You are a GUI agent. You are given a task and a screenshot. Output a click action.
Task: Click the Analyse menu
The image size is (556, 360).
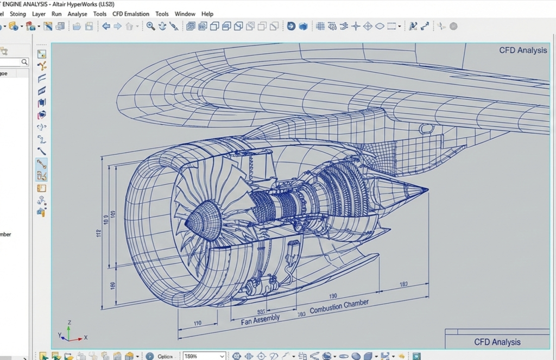point(77,14)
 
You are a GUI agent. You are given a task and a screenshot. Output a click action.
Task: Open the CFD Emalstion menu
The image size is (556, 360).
point(131,14)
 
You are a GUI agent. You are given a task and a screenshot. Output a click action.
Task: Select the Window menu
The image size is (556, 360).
point(185,14)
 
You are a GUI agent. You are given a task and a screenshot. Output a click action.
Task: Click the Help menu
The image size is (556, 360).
point(207,14)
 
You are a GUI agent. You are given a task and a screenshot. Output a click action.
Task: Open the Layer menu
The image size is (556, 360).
point(39,14)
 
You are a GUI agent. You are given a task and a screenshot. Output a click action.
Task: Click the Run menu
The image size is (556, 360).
point(56,14)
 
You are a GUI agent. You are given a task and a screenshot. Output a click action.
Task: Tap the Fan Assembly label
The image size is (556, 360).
point(261,320)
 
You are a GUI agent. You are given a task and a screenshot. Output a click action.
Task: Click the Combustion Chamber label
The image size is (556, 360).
point(339,306)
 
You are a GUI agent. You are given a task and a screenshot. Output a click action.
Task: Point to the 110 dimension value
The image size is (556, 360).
point(198,323)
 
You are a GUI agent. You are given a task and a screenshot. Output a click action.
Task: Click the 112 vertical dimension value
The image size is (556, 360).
point(99,233)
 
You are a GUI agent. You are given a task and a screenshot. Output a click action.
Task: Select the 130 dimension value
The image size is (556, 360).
point(333,296)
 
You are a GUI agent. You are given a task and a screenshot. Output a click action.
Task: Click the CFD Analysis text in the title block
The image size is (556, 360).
point(497,342)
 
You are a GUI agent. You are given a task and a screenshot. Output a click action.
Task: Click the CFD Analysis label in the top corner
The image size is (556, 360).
point(523,50)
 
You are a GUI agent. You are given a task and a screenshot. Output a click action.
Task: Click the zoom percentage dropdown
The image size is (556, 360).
point(204,356)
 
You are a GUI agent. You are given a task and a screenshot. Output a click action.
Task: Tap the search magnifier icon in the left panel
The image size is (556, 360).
point(24,62)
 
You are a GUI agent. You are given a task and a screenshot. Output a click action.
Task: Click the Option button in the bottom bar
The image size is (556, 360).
point(165,356)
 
